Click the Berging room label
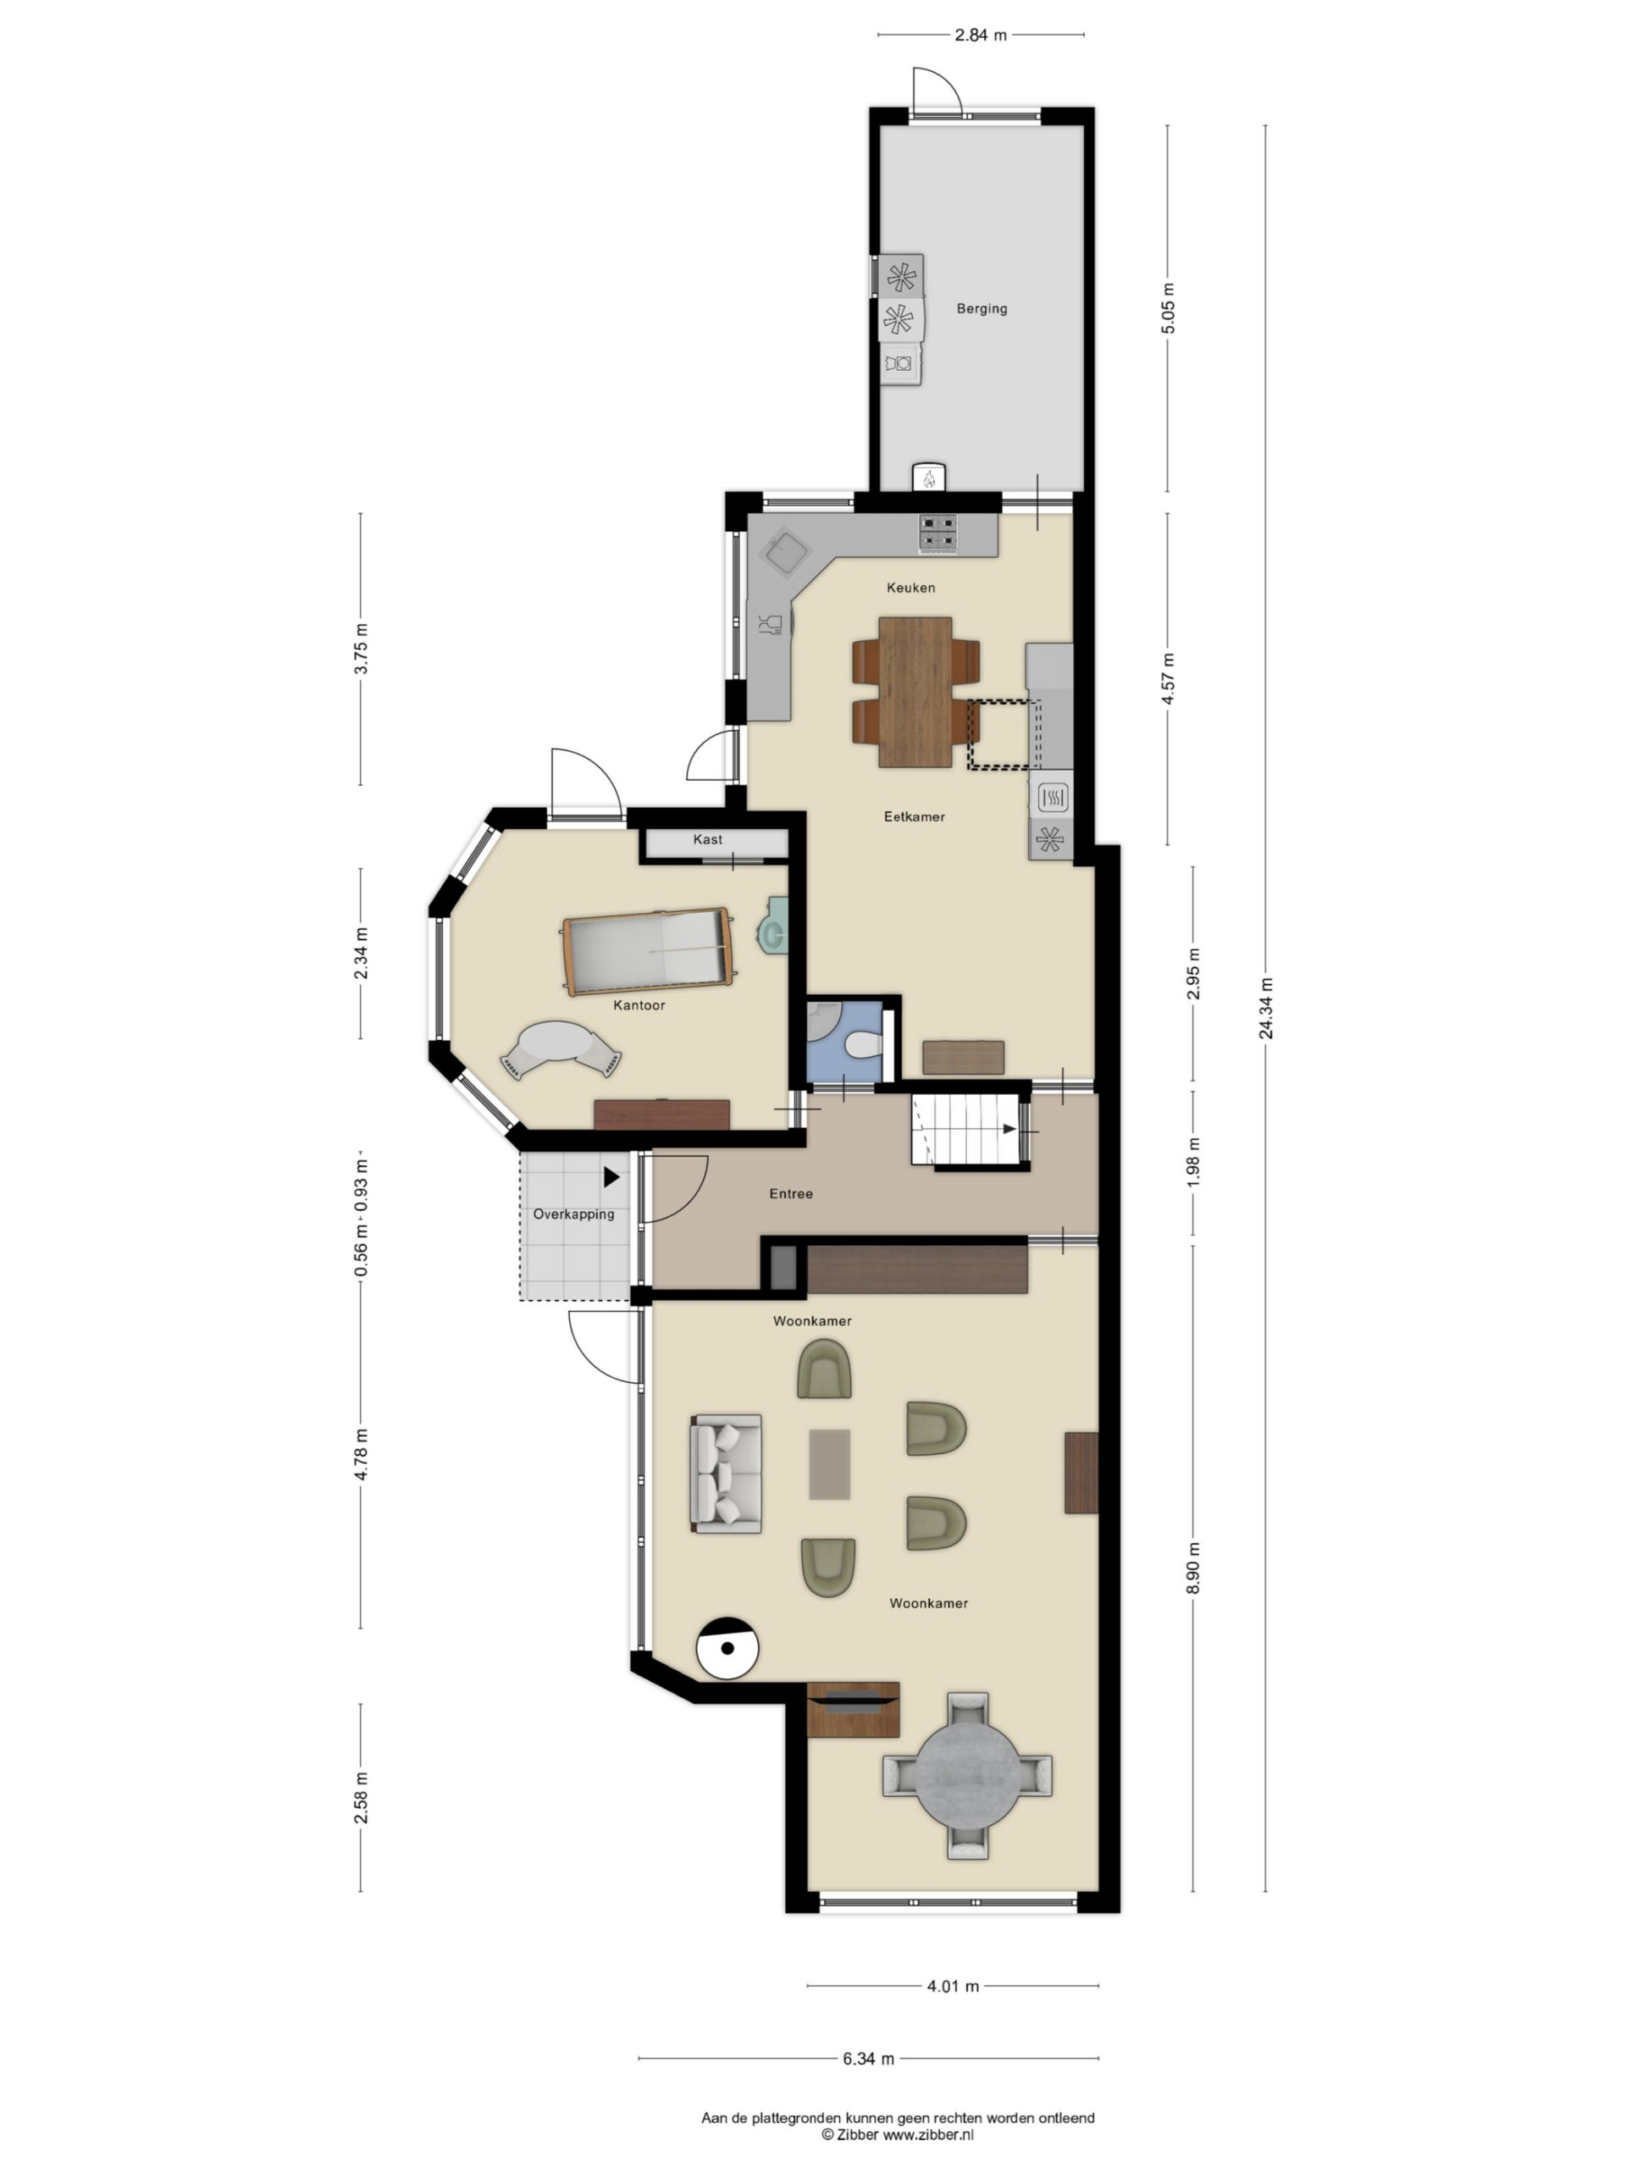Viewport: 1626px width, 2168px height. (x=981, y=309)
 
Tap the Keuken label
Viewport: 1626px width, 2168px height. (x=910, y=588)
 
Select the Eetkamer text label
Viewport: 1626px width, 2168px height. (x=915, y=816)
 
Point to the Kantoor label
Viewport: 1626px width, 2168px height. (x=639, y=1004)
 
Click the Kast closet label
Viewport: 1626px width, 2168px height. (x=708, y=839)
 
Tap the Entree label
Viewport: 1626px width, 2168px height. (x=791, y=1194)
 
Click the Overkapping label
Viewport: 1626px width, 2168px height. (x=573, y=1214)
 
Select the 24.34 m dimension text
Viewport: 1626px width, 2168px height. (x=1266, y=1008)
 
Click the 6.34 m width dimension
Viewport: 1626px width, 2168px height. (x=868, y=2058)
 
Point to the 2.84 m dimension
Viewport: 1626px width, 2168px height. (x=980, y=36)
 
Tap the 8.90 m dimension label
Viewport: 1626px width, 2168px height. (x=1194, y=1568)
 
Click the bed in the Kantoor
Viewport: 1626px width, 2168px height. (x=649, y=951)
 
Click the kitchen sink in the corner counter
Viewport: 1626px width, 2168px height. (x=789, y=552)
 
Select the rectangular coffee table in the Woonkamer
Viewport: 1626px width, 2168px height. (x=829, y=1464)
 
